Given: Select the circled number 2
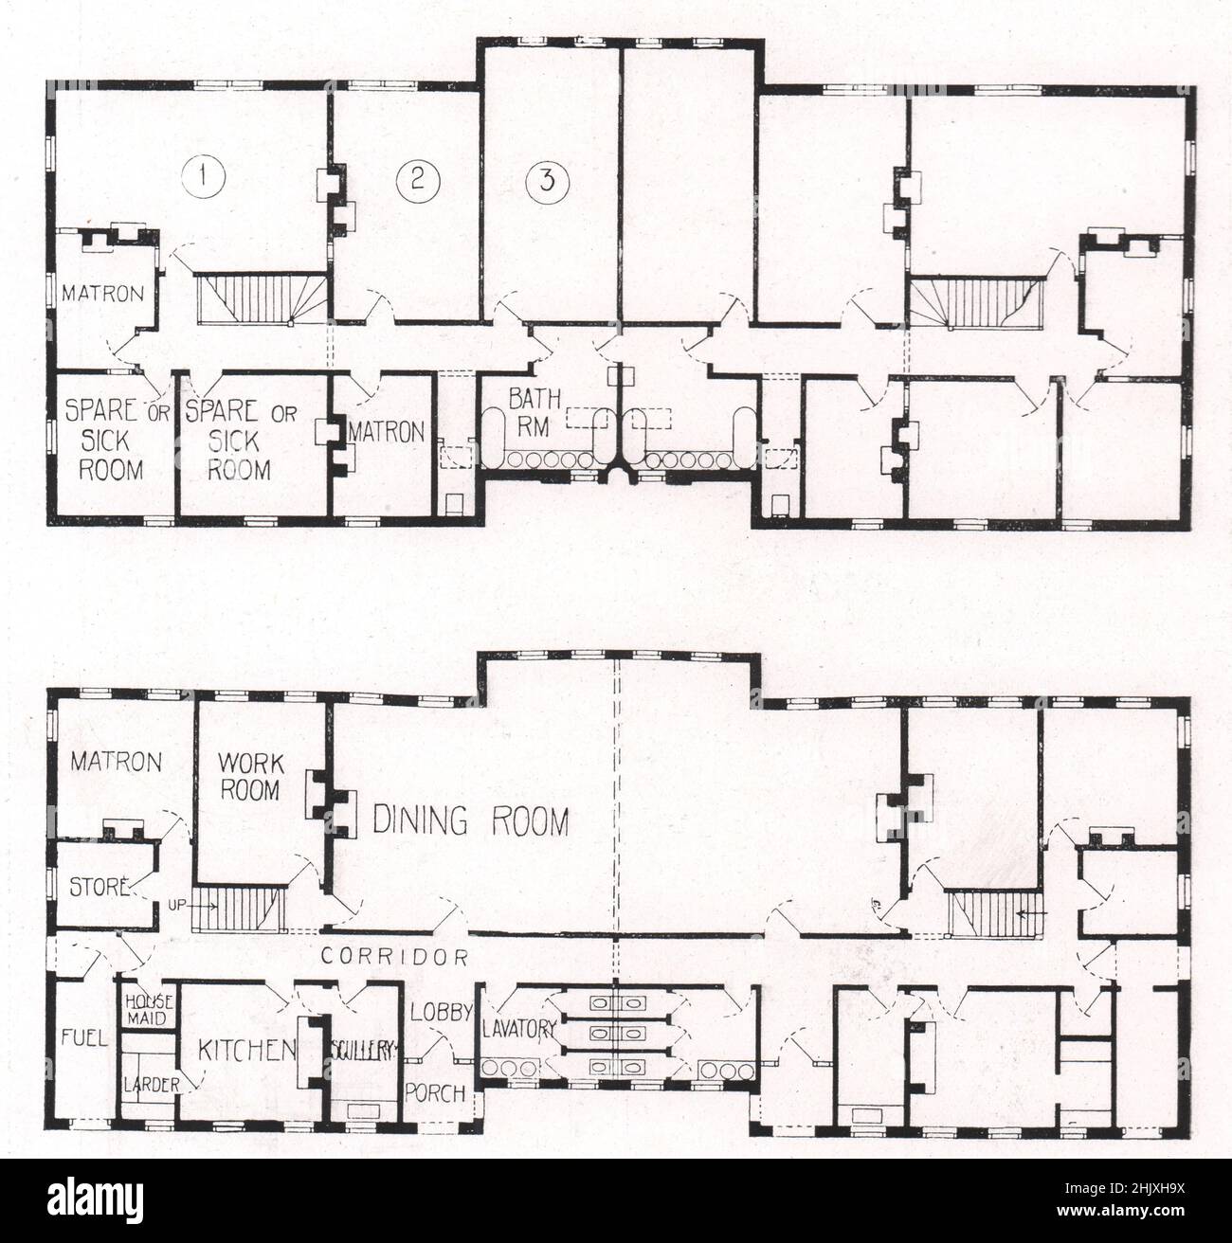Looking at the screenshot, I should tap(415, 179).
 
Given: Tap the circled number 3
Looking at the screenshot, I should tap(546, 182).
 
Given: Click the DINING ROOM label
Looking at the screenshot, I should tap(471, 821).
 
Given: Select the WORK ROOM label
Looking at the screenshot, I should tap(249, 775).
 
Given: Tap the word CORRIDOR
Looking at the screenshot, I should tap(393, 956).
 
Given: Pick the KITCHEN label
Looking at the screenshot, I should tap(246, 1049).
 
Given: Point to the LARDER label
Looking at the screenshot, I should tap(152, 1084).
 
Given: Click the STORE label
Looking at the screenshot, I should tap(99, 888).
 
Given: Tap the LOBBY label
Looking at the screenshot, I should tap(441, 1012).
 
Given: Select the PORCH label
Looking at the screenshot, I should tap(435, 1092).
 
